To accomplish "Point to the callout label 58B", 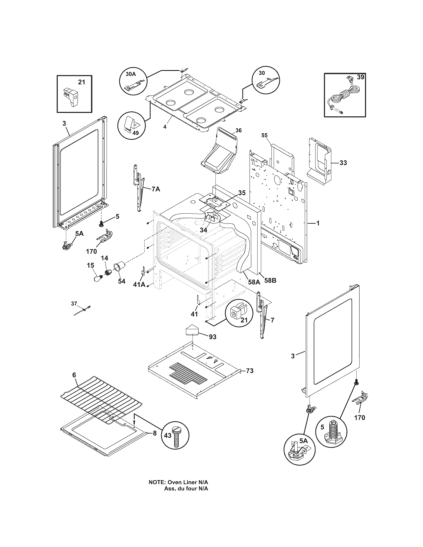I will pos(270,280).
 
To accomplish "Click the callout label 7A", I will pos(155,189).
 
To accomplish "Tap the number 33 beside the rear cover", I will pos(343,163).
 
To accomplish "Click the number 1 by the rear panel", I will pos(318,223).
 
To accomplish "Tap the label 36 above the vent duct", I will pos(239,130).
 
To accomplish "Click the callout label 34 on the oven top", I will pos(203,230).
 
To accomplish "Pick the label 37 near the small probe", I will pos(74,304).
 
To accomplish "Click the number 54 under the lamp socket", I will pos(121,281).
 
